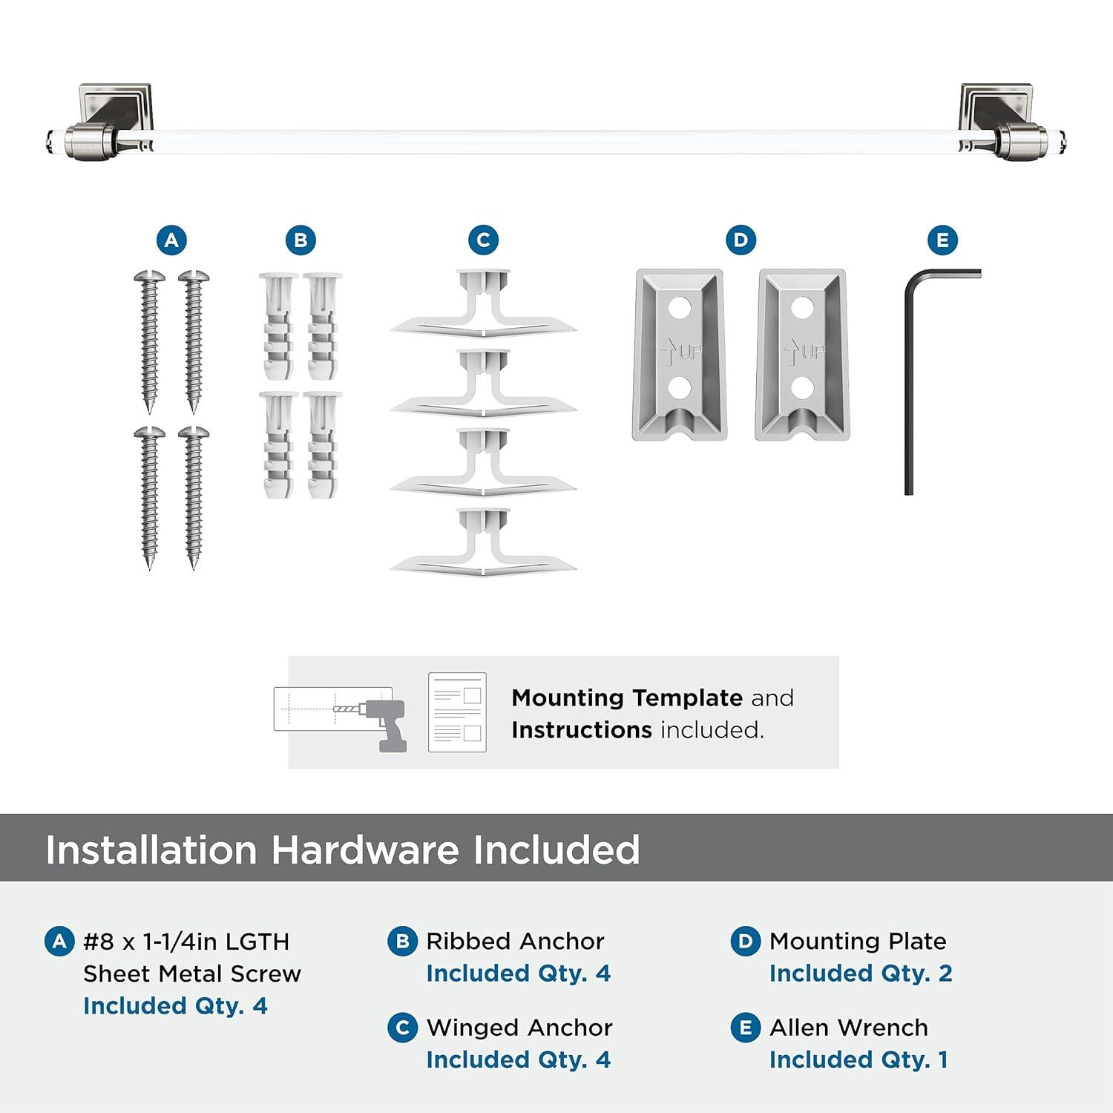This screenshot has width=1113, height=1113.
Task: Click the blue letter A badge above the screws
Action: (x=171, y=240)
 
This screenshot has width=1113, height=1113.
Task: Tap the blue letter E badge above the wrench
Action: (x=942, y=240)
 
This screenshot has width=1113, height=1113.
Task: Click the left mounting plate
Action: (x=679, y=354)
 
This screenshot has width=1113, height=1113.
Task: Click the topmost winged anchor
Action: (x=483, y=304)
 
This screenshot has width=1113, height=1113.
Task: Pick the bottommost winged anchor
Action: (x=483, y=542)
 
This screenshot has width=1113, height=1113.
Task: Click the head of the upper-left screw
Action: (x=149, y=277)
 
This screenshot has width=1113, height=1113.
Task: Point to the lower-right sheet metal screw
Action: (x=194, y=497)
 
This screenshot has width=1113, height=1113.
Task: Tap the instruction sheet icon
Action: (x=457, y=712)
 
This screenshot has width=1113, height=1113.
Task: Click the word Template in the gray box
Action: (x=687, y=697)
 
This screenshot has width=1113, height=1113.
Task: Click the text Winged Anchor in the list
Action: (x=519, y=1027)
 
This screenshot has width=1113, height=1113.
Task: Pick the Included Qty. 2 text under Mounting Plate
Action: (x=860, y=973)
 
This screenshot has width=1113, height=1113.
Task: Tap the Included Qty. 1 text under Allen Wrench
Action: (x=858, y=1060)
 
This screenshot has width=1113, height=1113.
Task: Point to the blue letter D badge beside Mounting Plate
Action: (x=745, y=942)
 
